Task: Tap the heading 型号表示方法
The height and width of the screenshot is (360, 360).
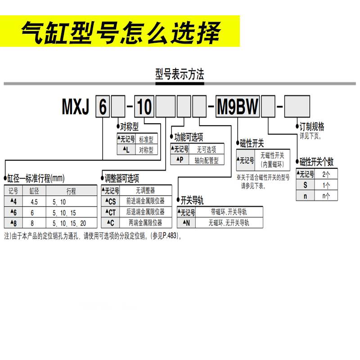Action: click(x=180, y=74)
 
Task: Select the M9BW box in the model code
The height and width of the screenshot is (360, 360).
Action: click(x=238, y=108)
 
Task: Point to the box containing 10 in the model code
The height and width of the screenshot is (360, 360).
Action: click(x=144, y=108)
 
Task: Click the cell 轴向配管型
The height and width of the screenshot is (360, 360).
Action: click(x=207, y=160)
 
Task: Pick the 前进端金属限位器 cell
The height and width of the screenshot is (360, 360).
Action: click(x=146, y=201)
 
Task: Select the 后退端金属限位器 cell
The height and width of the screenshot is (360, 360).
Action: click(x=146, y=211)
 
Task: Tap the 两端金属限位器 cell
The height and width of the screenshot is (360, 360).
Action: click(x=146, y=222)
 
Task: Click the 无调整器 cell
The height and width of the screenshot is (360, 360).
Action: click(x=146, y=190)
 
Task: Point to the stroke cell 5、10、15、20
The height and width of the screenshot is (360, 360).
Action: click(x=69, y=222)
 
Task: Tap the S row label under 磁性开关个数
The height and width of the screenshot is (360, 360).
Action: click(x=305, y=185)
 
